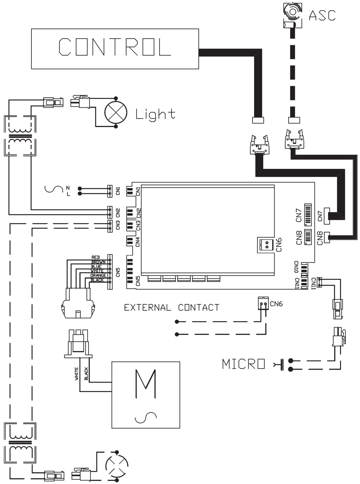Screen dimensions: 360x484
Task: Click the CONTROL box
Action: click(115, 49)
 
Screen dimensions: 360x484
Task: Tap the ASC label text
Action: click(322, 15)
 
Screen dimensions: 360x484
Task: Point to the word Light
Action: click(155, 114)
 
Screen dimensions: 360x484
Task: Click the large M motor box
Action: click(146, 395)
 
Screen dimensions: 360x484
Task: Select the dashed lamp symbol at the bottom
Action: click(116, 466)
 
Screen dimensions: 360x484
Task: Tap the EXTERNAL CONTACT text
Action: click(171, 308)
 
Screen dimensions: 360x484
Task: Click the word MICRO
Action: click(243, 364)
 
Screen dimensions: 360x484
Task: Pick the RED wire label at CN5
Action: click(96, 257)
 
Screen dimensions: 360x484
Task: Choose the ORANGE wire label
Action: click(98, 275)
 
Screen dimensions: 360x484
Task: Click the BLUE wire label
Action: click(96, 267)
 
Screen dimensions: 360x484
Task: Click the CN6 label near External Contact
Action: click(276, 304)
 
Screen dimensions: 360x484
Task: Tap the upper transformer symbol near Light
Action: click(20, 136)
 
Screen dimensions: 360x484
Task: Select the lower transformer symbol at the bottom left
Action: click(20, 443)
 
